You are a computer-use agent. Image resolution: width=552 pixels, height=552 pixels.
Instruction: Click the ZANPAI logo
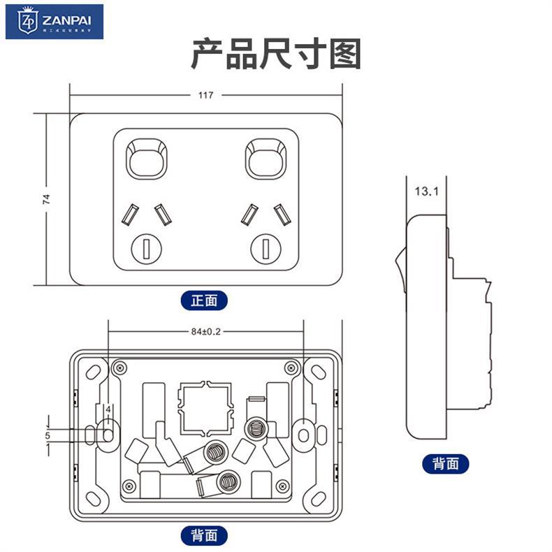coord(55,22)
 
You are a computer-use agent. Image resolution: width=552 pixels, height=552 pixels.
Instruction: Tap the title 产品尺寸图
coord(276,55)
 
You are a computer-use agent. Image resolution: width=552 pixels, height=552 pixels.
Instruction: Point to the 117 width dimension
coord(205,94)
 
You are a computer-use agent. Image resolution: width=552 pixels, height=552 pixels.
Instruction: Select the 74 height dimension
coord(46,198)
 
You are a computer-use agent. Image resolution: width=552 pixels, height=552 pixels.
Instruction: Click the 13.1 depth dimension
coord(426,190)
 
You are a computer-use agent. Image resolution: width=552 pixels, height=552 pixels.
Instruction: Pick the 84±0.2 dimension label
coord(205,332)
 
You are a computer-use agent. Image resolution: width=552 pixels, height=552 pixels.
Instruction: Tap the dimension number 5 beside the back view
coord(48,435)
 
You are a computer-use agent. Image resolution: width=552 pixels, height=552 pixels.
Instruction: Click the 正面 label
coord(204,300)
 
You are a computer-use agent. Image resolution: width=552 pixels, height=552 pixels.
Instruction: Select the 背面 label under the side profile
coord(446,463)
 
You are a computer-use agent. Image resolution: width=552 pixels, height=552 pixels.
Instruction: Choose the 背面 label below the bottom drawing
coord(204,535)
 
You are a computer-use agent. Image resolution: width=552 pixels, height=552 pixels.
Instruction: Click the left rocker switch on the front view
coord(147,157)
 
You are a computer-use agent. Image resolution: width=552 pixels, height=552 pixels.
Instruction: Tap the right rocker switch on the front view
coord(266,157)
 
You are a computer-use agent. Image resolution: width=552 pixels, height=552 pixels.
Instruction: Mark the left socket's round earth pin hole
coord(147,247)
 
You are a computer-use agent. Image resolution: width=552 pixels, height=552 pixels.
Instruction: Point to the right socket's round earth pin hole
coord(266,247)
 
